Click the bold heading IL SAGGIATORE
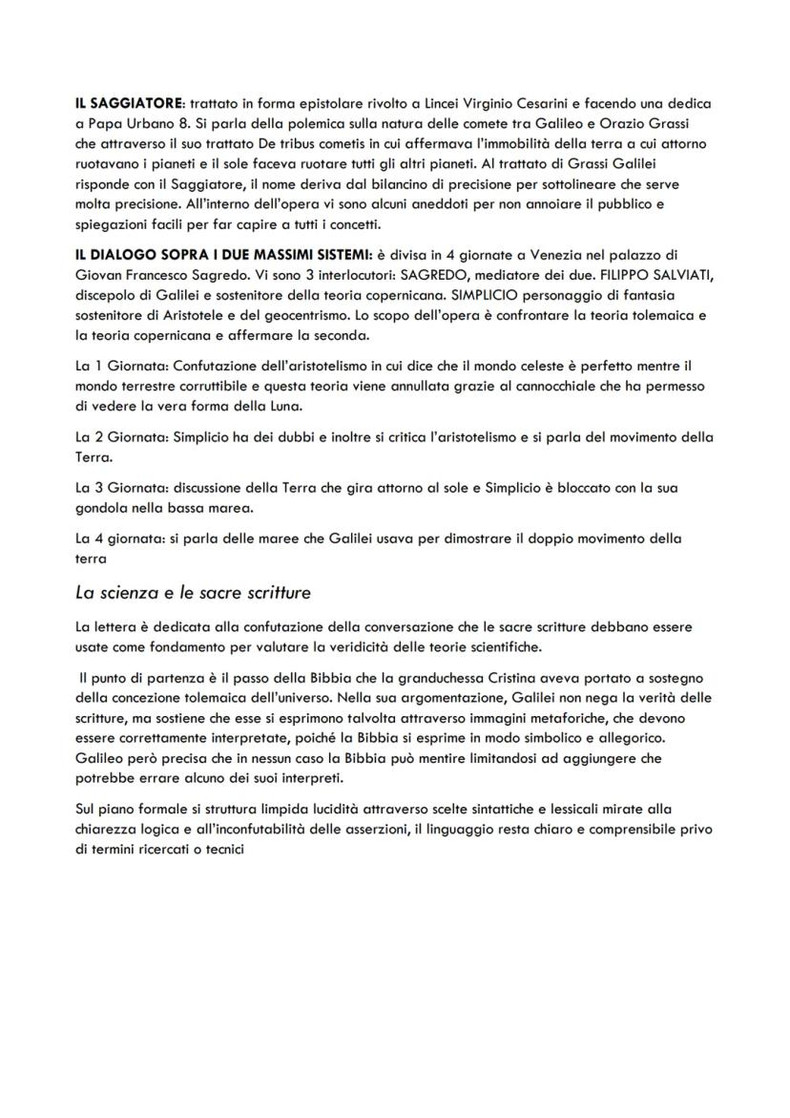click(130, 103)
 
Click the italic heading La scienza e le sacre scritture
click(193, 593)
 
